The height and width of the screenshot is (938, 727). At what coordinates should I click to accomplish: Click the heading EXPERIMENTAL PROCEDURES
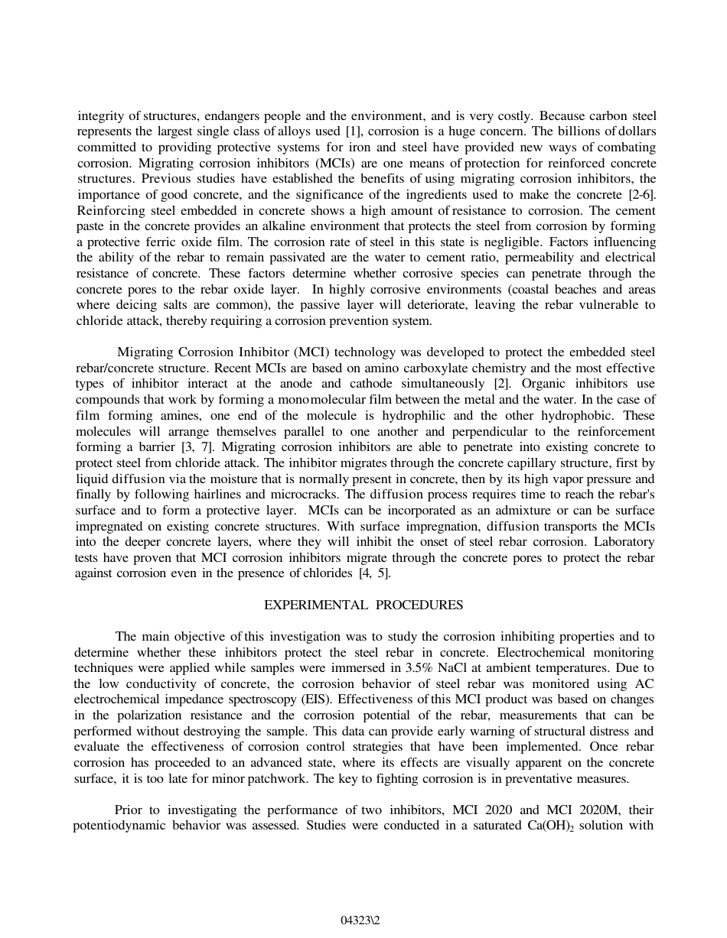[x=363, y=605]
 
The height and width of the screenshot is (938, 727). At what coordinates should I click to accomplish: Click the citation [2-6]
[x=639, y=194]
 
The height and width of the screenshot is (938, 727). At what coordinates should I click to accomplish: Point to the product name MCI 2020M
[x=583, y=810]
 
